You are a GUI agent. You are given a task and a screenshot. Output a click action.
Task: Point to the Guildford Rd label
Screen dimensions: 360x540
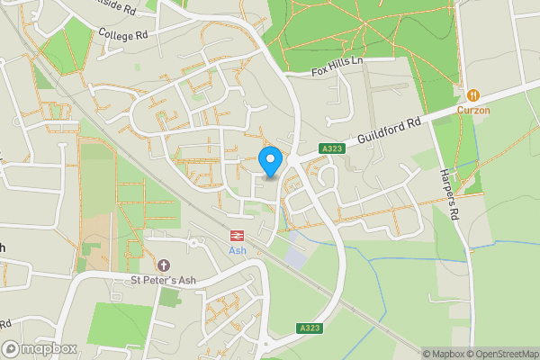click(388, 131)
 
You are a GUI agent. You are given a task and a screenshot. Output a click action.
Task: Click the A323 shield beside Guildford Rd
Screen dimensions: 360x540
click(330, 148)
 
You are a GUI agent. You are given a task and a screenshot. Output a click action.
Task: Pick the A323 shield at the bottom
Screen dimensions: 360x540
click(307, 328)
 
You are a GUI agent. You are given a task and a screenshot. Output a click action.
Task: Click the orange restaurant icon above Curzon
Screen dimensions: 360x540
click(472, 94)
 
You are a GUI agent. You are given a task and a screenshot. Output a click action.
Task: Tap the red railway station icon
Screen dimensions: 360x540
click(238, 236)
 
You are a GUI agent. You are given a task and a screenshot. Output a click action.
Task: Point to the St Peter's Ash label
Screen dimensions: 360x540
click(163, 280)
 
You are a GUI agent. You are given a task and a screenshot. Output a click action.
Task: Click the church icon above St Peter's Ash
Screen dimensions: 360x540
click(163, 265)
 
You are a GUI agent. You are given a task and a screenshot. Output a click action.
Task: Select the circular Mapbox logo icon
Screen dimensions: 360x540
click(12, 348)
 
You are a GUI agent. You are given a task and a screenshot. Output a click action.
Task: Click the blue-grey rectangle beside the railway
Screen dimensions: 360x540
click(295, 256)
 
